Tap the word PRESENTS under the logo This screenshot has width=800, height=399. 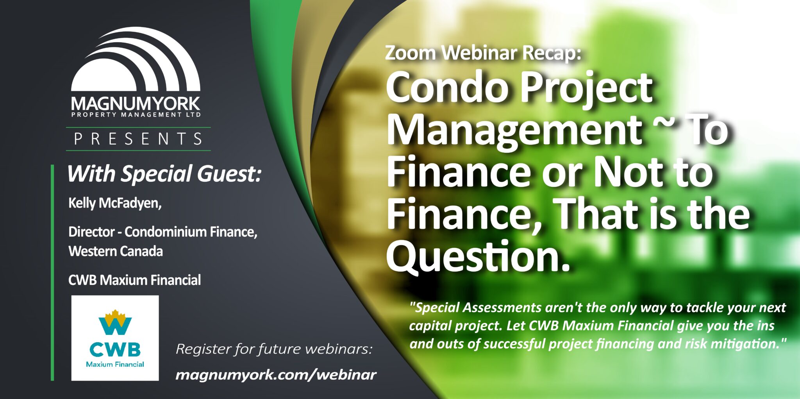click(138, 139)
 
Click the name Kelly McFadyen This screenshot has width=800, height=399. click(115, 203)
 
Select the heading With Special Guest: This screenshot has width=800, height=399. click(164, 174)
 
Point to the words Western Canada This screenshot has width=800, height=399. click(116, 251)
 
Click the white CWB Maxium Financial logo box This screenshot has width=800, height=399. click(115, 338)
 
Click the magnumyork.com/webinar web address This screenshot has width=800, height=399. click(276, 374)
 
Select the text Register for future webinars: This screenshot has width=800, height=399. click(274, 349)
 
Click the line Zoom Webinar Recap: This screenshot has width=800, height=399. click(483, 53)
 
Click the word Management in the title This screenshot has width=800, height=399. click(513, 132)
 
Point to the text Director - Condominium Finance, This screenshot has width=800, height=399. click(163, 232)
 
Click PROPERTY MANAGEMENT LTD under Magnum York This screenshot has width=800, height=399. click(136, 115)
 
